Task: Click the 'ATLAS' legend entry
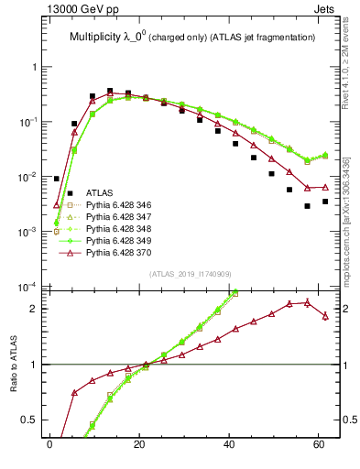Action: click(x=100, y=192)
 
